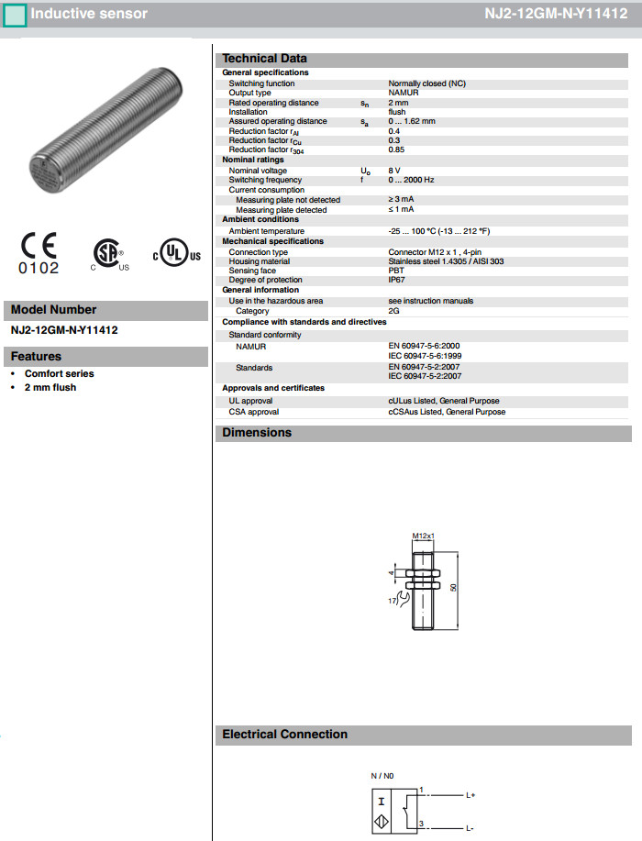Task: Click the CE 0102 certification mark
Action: coord(39,253)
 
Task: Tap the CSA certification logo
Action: coord(109,254)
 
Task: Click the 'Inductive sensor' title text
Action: coord(89,14)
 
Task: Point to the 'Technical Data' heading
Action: coord(264,59)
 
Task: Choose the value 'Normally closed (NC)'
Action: coord(426,83)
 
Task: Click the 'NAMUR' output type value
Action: coord(404,93)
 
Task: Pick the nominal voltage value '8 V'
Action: coord(394,171)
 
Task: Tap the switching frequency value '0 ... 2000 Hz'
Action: coord(411,180)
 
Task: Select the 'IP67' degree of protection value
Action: coord(396,280)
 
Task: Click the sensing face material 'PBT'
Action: coord(396,271)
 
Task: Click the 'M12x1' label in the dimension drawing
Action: coord(422,535)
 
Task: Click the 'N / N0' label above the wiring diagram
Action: coord(383,776)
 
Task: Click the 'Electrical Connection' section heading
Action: coord(284,734)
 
